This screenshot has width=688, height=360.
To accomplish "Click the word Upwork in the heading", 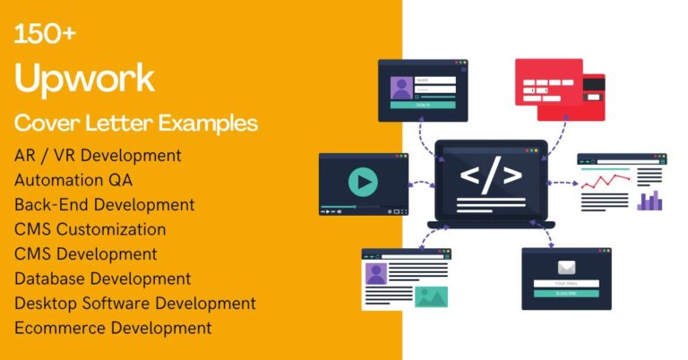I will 84,79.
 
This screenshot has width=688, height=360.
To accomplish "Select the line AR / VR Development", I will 98,155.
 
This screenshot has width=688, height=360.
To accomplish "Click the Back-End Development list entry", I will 104,205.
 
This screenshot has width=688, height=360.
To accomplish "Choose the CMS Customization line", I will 90,230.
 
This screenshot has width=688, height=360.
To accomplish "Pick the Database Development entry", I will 102,279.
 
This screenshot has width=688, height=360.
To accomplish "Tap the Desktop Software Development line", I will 134,304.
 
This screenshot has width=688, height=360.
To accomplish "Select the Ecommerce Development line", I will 113,328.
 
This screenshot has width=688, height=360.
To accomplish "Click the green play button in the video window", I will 363,183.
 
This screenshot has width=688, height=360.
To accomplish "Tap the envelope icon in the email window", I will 565,267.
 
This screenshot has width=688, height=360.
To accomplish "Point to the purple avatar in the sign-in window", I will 400,89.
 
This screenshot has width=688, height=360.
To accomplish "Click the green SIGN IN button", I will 422,105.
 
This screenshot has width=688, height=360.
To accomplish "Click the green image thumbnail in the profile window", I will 431,296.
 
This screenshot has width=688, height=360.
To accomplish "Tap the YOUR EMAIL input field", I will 566,284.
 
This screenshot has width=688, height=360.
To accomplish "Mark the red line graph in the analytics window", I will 605,184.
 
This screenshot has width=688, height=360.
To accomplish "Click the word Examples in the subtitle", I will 210,123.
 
